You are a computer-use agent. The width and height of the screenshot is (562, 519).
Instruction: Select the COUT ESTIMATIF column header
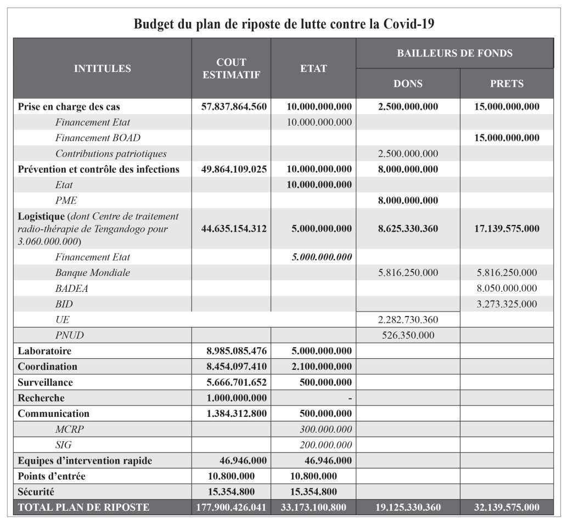(x=231, y=69)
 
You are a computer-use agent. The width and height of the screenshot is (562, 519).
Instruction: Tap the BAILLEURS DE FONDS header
(x=454, y=53)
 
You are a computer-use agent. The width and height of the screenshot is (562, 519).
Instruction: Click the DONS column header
(x=408, y=84)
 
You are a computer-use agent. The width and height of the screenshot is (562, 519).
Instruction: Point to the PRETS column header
(x=507, y=84)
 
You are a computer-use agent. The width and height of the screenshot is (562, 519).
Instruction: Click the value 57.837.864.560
(x=231, y=106)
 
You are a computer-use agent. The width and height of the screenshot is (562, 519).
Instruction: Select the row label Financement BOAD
(x=98, y=138)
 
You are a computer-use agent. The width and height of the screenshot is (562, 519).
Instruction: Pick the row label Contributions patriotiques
(x=111, y=154)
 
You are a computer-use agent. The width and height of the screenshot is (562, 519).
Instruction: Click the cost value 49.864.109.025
(x=231, y=169)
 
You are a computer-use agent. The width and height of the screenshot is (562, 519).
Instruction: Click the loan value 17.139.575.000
(x=507, y=228)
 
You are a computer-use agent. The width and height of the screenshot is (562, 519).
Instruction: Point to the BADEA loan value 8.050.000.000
(x=507, y=288)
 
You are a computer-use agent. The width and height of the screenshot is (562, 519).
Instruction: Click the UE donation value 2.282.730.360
(x=408, y=319)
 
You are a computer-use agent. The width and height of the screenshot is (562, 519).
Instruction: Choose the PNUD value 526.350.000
(x=408, y=335)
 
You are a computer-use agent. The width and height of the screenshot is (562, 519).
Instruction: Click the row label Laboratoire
(x=44, y=351)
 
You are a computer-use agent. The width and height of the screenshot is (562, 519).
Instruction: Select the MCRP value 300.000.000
(x=325, y=429)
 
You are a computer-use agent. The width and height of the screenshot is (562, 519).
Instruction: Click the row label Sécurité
(x=36, y=492)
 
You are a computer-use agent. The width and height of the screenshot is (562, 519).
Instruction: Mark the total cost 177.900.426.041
(x=231, y=507)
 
